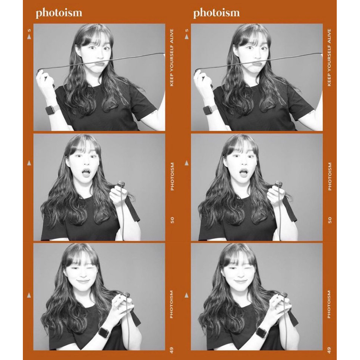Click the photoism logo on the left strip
coord(59,13)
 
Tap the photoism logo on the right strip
coord(216,13)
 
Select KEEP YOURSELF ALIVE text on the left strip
coord(172,57)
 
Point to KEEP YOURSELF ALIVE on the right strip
coord(329,57)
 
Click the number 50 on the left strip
coord(172,220)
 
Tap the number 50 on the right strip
coord(330,220)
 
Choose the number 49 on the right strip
coord(329,351)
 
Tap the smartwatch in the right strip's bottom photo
coord(262,332)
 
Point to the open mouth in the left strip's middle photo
coord(86,172)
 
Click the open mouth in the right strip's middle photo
coord(243,172)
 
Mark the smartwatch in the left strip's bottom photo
coord(105,332)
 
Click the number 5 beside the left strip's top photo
coord(29,30)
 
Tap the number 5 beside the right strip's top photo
coord(187,30)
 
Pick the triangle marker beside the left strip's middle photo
coord(29,163)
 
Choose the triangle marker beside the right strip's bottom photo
coord(187,295)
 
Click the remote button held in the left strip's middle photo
coord(121,183)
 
